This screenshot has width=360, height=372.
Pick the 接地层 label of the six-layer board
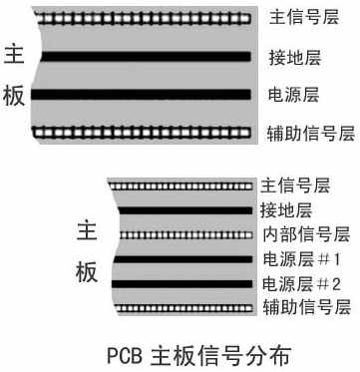pos(285,210)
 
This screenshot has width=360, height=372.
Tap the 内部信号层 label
pos(305,235)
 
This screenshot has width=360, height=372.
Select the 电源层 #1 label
pos(300,260)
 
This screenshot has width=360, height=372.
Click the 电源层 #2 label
pos(300,284)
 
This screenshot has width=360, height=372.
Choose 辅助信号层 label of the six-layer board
pos(306,308)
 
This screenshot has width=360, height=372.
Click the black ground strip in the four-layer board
pos(144,56)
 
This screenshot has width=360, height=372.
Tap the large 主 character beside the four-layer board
pos(17,56)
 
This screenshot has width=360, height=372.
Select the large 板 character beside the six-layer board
pos(87,272)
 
